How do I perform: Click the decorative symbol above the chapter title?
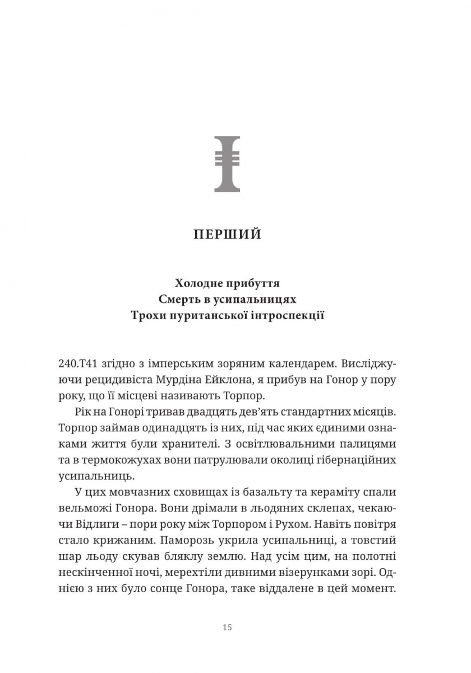tap(227, 163)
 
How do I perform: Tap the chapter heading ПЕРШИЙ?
tap(227, 234)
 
